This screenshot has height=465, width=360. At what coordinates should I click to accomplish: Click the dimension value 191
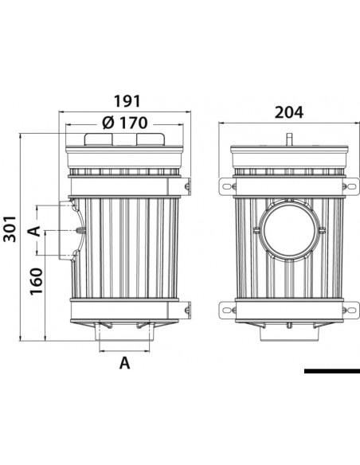(127, 101)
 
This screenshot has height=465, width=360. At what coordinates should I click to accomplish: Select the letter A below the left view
(124, 364)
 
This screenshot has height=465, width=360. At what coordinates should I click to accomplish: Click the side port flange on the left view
(71, 230)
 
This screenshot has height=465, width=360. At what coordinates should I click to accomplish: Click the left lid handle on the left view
(99, 139)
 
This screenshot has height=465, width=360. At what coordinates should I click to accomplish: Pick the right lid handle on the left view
(152, 139)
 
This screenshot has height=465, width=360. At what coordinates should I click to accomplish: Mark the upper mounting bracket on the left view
(188, 186)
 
